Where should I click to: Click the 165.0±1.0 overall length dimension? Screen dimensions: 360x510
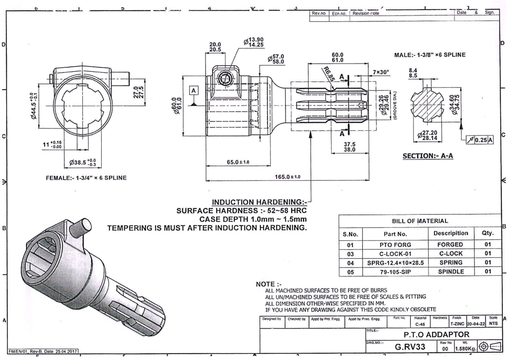(287, 177)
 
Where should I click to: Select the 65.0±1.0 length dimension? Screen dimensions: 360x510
(238, 162)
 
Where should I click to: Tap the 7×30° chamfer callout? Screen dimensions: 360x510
(381, 72)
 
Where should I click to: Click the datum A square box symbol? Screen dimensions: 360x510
(193, 91)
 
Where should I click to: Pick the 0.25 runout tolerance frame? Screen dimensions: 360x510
(479, 140)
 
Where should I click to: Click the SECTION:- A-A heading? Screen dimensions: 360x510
(427, 156)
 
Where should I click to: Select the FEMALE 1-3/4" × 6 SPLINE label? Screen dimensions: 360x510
(86, 178)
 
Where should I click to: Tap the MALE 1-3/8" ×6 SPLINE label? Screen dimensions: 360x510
(430, 55)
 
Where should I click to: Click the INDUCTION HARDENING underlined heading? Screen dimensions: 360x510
(259, 202)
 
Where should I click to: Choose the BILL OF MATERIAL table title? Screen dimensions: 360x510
(420, 221)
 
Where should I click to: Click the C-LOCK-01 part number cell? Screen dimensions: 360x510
(395, 254)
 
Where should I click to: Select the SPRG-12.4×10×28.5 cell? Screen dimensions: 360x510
(395, 263)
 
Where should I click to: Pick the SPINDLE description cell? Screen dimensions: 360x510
(451, 272)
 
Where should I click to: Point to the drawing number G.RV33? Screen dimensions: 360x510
(410, 347)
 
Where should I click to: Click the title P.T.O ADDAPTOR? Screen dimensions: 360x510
(436, 334)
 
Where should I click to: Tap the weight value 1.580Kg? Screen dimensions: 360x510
(466, 349)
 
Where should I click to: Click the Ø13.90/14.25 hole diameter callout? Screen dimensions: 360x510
(254, 42)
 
